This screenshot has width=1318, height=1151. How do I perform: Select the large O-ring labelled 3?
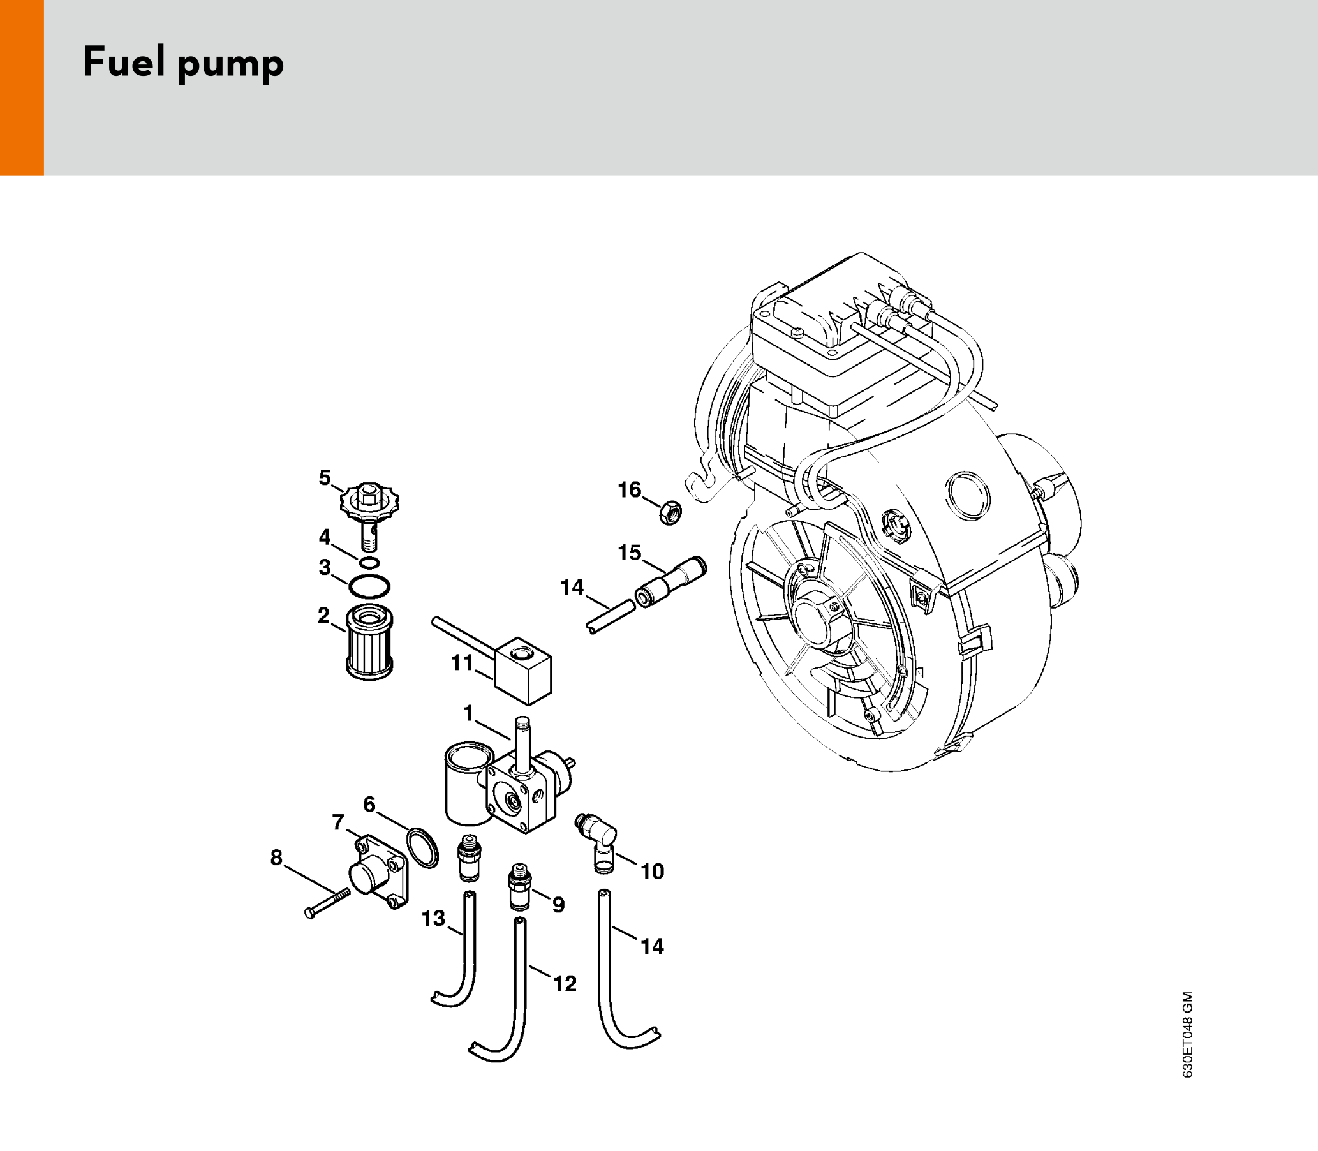click(369, 586)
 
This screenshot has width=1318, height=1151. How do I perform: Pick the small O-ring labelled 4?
click(369, 563)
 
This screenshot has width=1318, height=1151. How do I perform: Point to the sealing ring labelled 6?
click(422, 848)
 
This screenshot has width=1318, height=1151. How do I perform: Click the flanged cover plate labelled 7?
click(378, 872)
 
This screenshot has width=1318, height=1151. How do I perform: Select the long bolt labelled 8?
click(327, 903)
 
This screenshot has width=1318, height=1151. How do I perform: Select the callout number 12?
click(565, 983)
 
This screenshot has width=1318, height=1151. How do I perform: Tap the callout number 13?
click(434, 919)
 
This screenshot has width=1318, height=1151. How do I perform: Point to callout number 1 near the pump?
click(468, 713)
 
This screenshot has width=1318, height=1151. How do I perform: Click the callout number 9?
click(559, 905)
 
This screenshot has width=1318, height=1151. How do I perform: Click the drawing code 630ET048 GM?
click(1188, 1035)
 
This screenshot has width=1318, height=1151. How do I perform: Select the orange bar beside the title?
click(22, 87)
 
